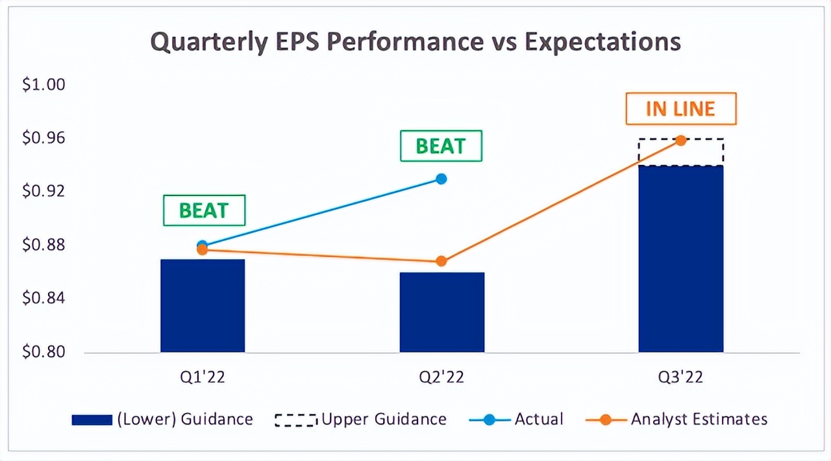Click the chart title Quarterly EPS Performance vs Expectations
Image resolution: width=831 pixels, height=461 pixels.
(415, 42)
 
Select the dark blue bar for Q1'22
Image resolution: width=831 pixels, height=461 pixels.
(203, 305)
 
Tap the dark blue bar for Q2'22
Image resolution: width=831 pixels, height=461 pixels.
(441, 312)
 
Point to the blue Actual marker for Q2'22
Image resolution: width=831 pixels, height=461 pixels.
(441, 179)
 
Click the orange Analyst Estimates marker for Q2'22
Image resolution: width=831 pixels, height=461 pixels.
(441, 261)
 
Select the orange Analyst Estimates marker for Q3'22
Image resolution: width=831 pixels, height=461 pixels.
(680, 140)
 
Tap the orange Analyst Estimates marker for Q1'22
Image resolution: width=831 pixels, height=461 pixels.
(202, 250)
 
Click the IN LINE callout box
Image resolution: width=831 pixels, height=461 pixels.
(680, 109)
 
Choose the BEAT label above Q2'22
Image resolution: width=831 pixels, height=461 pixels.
(441, 146)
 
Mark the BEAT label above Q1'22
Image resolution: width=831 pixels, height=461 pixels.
(204, 210)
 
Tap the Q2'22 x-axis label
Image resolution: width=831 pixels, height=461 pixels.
(441, 377)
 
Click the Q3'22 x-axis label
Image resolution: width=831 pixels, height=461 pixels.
(680, 377)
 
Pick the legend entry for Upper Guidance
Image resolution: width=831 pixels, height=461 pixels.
(360, 419)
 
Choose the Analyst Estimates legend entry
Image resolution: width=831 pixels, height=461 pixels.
(676, 419)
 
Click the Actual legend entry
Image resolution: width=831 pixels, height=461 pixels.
(516, 419)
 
